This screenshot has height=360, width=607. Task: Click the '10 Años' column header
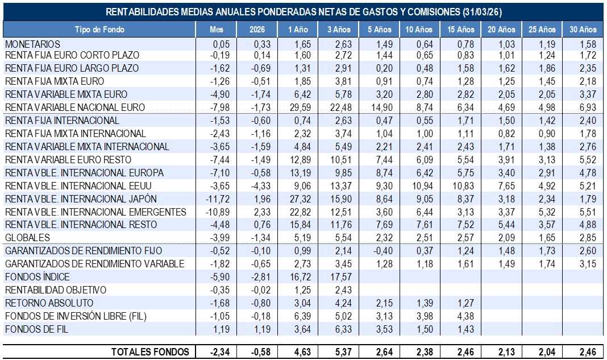click(x=419, y=30)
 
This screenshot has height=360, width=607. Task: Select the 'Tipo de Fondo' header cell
click(x=99, y=30)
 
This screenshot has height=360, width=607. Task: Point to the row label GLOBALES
click(x=27, y=238)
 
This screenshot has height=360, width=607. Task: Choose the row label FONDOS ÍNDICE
click(x=37, y=277)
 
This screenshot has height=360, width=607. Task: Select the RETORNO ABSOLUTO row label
click(x=49, y=303)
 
